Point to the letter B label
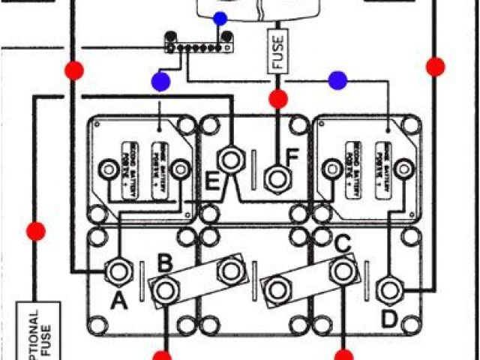click(x=165, y=263)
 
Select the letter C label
click(x=342, y=244)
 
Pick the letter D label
click(x=388, y=320)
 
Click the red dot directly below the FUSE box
click(x=278, y=98)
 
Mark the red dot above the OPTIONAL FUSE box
click(x=35, y=231)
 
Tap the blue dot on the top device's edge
click(x=220, y=18)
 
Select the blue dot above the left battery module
click(x=160, y=81)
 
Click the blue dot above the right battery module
click(x=337, y=79)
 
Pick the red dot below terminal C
click(x=343, y=355)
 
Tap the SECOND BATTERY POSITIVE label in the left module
click(x=129, y=170)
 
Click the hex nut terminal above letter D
click(x=388, y=287)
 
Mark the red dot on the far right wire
click(x=435, y=67)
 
